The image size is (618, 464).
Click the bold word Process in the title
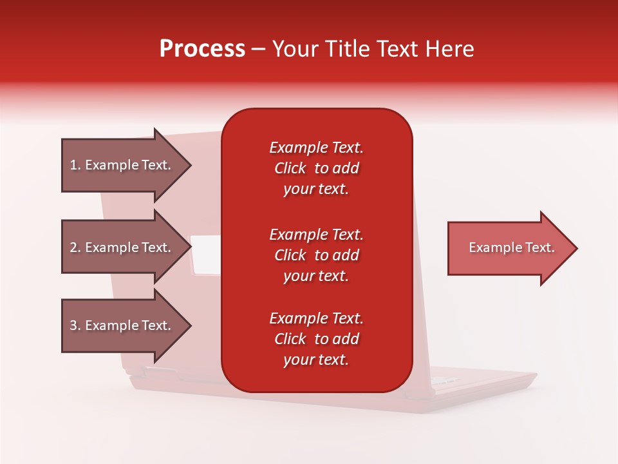tap(202, 49)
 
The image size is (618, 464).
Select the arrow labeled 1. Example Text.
tap(122, 165)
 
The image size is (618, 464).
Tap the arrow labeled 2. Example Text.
tap(122, 247)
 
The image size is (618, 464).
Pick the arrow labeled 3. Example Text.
tap(122, 325)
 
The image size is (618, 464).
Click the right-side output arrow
tap(509, 248)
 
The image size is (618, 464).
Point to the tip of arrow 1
tap(190, 166)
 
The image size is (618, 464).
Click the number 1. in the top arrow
tap(75, 165)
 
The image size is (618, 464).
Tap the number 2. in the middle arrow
tap(75, 247)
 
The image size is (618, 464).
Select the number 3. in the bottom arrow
tap(75, 325)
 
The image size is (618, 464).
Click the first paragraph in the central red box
tap(316, 168)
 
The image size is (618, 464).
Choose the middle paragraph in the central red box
tap(316, 255)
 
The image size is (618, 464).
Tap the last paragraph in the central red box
tap(316, 339)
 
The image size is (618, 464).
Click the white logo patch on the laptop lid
tap(206, 253)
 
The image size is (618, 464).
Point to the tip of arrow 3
tap(190, 326)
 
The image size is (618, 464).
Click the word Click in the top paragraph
tap(290, 168)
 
